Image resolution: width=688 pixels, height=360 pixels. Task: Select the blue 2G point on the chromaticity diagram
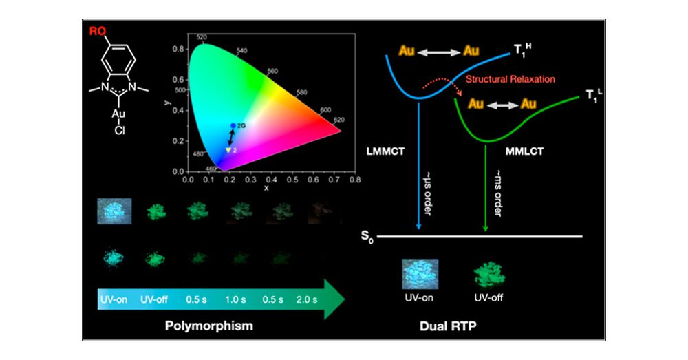point(233,125)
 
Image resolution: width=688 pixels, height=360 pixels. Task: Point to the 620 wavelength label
point(338,120)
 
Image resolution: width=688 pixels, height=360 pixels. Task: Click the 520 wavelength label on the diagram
point(202,37)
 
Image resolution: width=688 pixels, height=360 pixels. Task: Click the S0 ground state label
point(364,236)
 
